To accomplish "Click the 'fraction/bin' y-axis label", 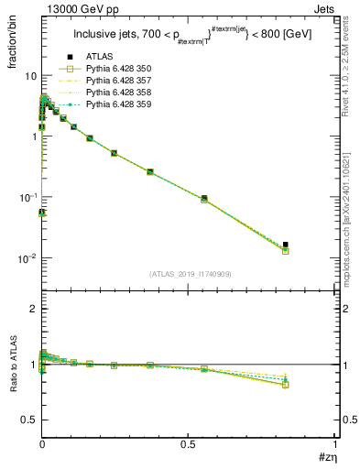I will click(x=21, y=43).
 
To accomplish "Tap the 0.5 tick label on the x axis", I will click(x=188, y=444).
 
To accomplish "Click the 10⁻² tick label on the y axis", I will click(x=27, y=257).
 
